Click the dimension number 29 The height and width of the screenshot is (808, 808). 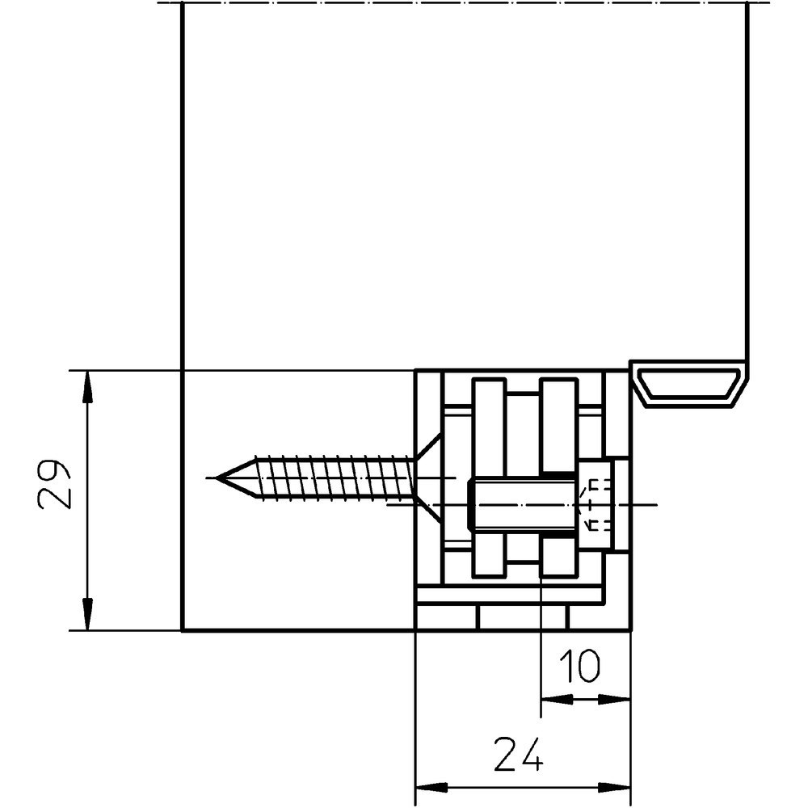tap(54, 485)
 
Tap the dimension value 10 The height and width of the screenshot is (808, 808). tap(579, 668)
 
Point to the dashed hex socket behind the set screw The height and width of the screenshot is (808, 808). tap(595, 505)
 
